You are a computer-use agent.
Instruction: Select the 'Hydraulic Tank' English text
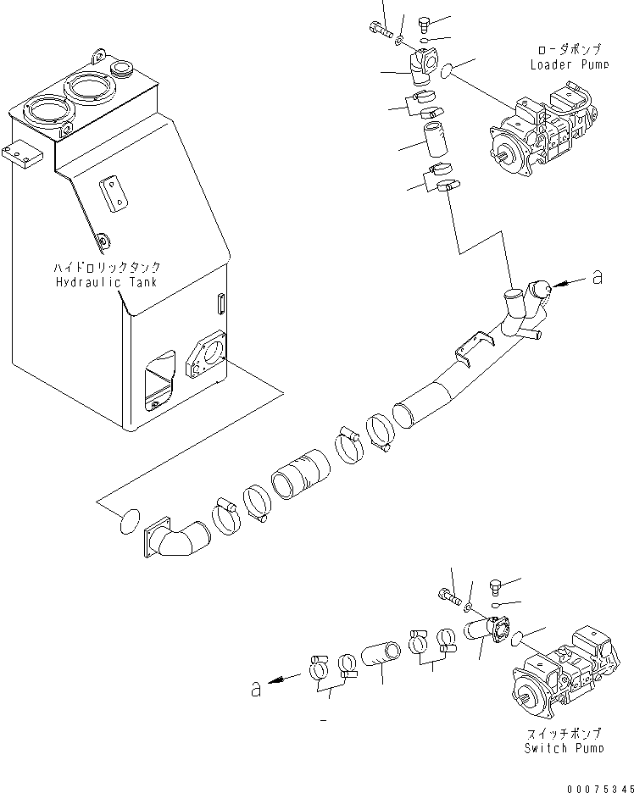click(x=107, y=281)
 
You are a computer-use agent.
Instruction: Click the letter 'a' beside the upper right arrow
click(x=598, y=277)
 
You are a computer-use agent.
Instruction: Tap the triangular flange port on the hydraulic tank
click(x=204, y=357)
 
